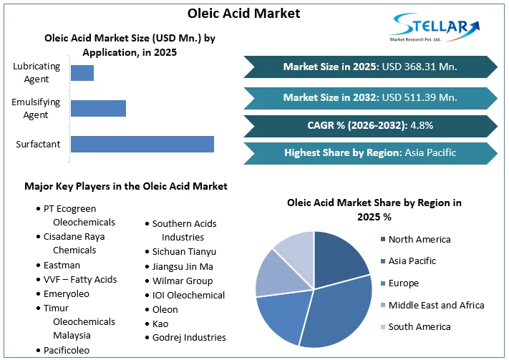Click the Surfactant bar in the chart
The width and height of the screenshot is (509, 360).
point(142,144)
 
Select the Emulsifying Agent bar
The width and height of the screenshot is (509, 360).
point(98,108)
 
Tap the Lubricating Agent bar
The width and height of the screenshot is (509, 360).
point(82,72)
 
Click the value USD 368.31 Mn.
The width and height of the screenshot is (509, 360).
point(420,67)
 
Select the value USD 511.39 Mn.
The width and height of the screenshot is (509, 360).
point(420,97)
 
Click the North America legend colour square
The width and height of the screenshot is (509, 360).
point(384,240)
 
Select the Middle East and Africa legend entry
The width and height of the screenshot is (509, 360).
point(437,305)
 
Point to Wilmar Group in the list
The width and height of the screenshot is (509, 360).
point(182,281)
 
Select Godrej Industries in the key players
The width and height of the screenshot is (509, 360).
point(188,337)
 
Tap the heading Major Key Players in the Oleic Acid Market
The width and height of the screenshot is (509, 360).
point(126,186)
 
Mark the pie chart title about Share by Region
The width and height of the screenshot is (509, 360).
point(374,209)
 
